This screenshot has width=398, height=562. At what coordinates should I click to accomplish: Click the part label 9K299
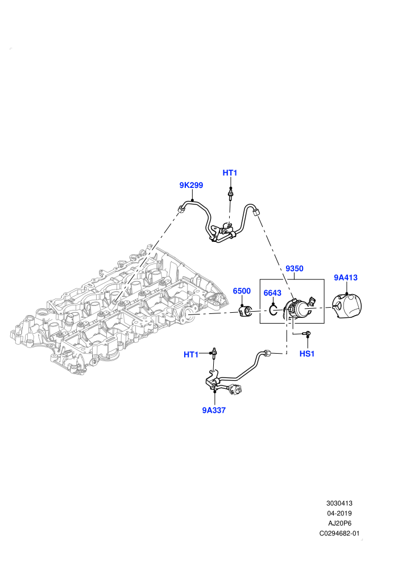(x=191, y=185)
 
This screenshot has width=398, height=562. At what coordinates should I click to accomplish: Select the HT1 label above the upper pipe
(x=230, y=173)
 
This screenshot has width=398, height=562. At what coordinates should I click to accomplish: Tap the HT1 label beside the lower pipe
(x=191, y=354)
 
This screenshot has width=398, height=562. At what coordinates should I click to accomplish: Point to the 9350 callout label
(x=295, y=269)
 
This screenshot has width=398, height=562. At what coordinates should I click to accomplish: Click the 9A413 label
(x=346, y=278)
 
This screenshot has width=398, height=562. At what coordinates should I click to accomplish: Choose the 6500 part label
(x=242, y=291)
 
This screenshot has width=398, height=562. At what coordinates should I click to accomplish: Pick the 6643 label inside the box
(x=272, y=293)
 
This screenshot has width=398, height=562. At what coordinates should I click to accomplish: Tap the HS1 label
(x=307, y=354)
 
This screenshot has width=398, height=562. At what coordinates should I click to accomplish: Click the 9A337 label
(x=214, y=410)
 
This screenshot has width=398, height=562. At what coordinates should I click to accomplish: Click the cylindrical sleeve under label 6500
(x=246, y=311)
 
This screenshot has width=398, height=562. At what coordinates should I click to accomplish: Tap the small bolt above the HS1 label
(x=306, y=334)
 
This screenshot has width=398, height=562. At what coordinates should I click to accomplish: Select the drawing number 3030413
(x=339, y=503)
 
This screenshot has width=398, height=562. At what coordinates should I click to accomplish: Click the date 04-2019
(x=339, y=513)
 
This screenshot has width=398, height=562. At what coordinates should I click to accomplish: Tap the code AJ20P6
(x=339, y=523)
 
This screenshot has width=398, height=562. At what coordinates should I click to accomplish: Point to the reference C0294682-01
(x=339, y=533)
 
